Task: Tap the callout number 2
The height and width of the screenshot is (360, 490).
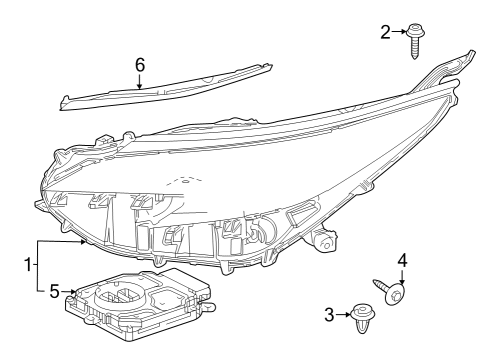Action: click(x=386, y=33)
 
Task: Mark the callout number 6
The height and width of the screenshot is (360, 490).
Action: click(x=140, y=63)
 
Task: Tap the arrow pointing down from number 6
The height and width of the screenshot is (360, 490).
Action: click(x=140, y=80)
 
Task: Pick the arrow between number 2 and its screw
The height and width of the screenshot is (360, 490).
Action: click(x=400, y=33)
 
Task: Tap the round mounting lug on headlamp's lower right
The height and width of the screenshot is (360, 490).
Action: click(x=324, y=241)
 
